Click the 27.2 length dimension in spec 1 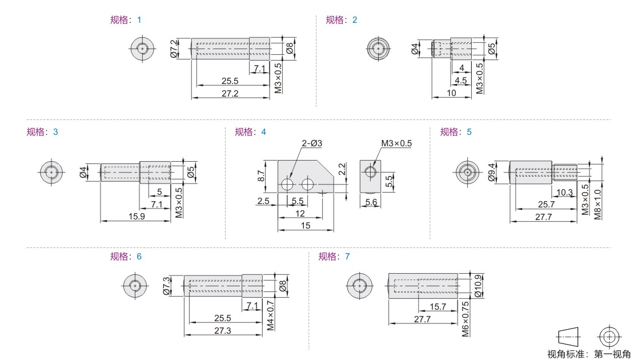click(230, 94)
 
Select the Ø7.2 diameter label click(174, 49)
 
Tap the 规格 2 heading click(342, 20)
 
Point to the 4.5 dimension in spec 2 click(460, 81)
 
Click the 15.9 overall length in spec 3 click(137, 217)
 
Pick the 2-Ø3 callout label click(312, 143)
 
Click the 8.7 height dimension click(261, 176)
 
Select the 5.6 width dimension click(371, 202)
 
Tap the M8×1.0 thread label click(597, 205)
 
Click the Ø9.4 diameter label click(492, 173)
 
